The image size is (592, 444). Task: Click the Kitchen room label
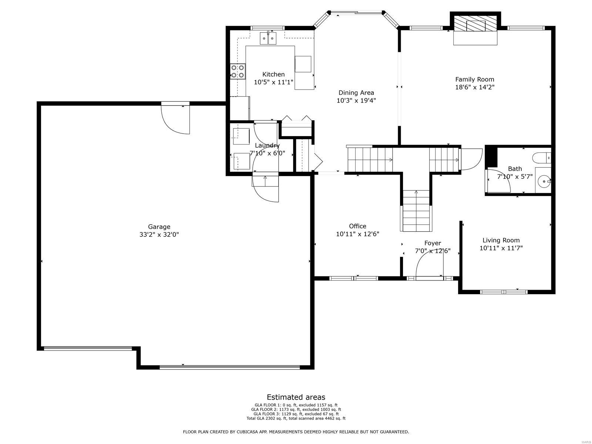(273, 74)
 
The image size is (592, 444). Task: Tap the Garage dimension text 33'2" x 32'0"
(159, 235)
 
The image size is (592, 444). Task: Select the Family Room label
(474, 79)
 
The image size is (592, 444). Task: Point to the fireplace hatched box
(475, 25)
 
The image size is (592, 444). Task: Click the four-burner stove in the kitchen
(238, 71)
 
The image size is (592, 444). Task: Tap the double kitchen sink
(268, 38)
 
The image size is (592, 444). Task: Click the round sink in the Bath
(542, 181)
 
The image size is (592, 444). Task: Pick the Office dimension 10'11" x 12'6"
(357, 234)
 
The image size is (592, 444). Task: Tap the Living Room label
(501, 240)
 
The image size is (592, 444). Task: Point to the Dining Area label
(356, 92)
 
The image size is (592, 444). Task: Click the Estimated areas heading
(296, 397)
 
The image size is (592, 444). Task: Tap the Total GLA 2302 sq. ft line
(296, 418)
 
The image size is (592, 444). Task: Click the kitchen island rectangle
(303, 64)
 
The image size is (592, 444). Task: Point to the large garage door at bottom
(229, 367)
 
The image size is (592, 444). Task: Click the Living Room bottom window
(504, 292)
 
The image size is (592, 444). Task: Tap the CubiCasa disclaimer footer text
(296, 432)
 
